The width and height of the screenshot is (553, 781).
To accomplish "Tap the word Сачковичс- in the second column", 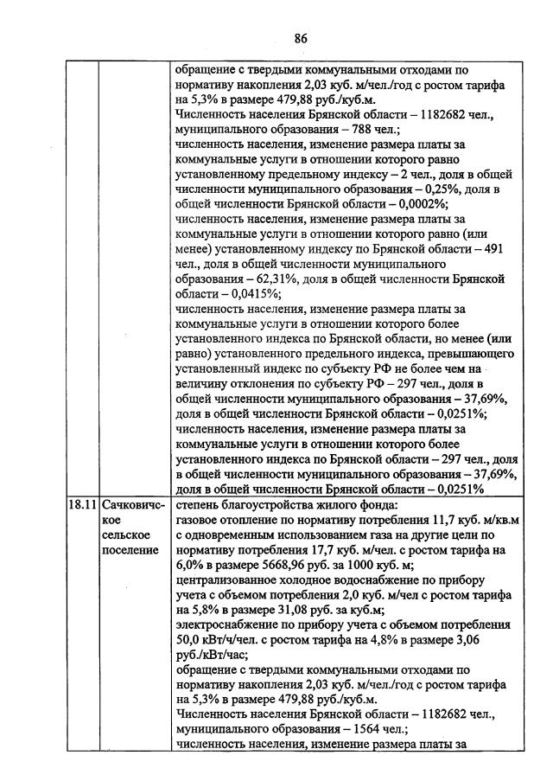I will (133, 503).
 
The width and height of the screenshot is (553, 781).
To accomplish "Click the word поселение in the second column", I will (126, 550).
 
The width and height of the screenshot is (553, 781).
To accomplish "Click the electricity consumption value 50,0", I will (189, 640).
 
